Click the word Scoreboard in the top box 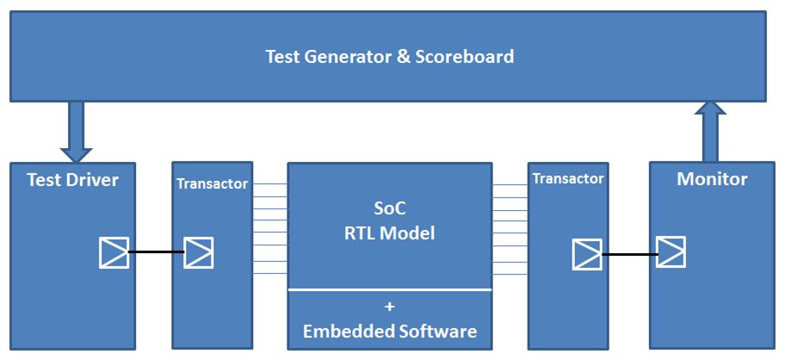(x=465, y=56)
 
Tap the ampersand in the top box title (x=404, y=56)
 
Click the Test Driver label (x=72, y=180)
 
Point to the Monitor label (x=712, y=179)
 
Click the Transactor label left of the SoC (x=213, y=183)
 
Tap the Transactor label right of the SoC (x=568, y=179)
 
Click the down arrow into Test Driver (x=76, y=132)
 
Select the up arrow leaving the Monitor (x=710, y=131)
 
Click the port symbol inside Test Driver (x=114, y=252)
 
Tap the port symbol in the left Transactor (x=198, y=252)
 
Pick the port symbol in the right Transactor (x=587, y=254)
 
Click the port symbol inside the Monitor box (x=670, y=252)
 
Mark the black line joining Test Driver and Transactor (x=157, y=252)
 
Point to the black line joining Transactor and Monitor (x=629, y=254)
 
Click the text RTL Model (x=389, y=233)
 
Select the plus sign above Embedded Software (x=389, y=307)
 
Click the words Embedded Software (x=389, y=332)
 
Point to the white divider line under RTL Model (x=389, y=290)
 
